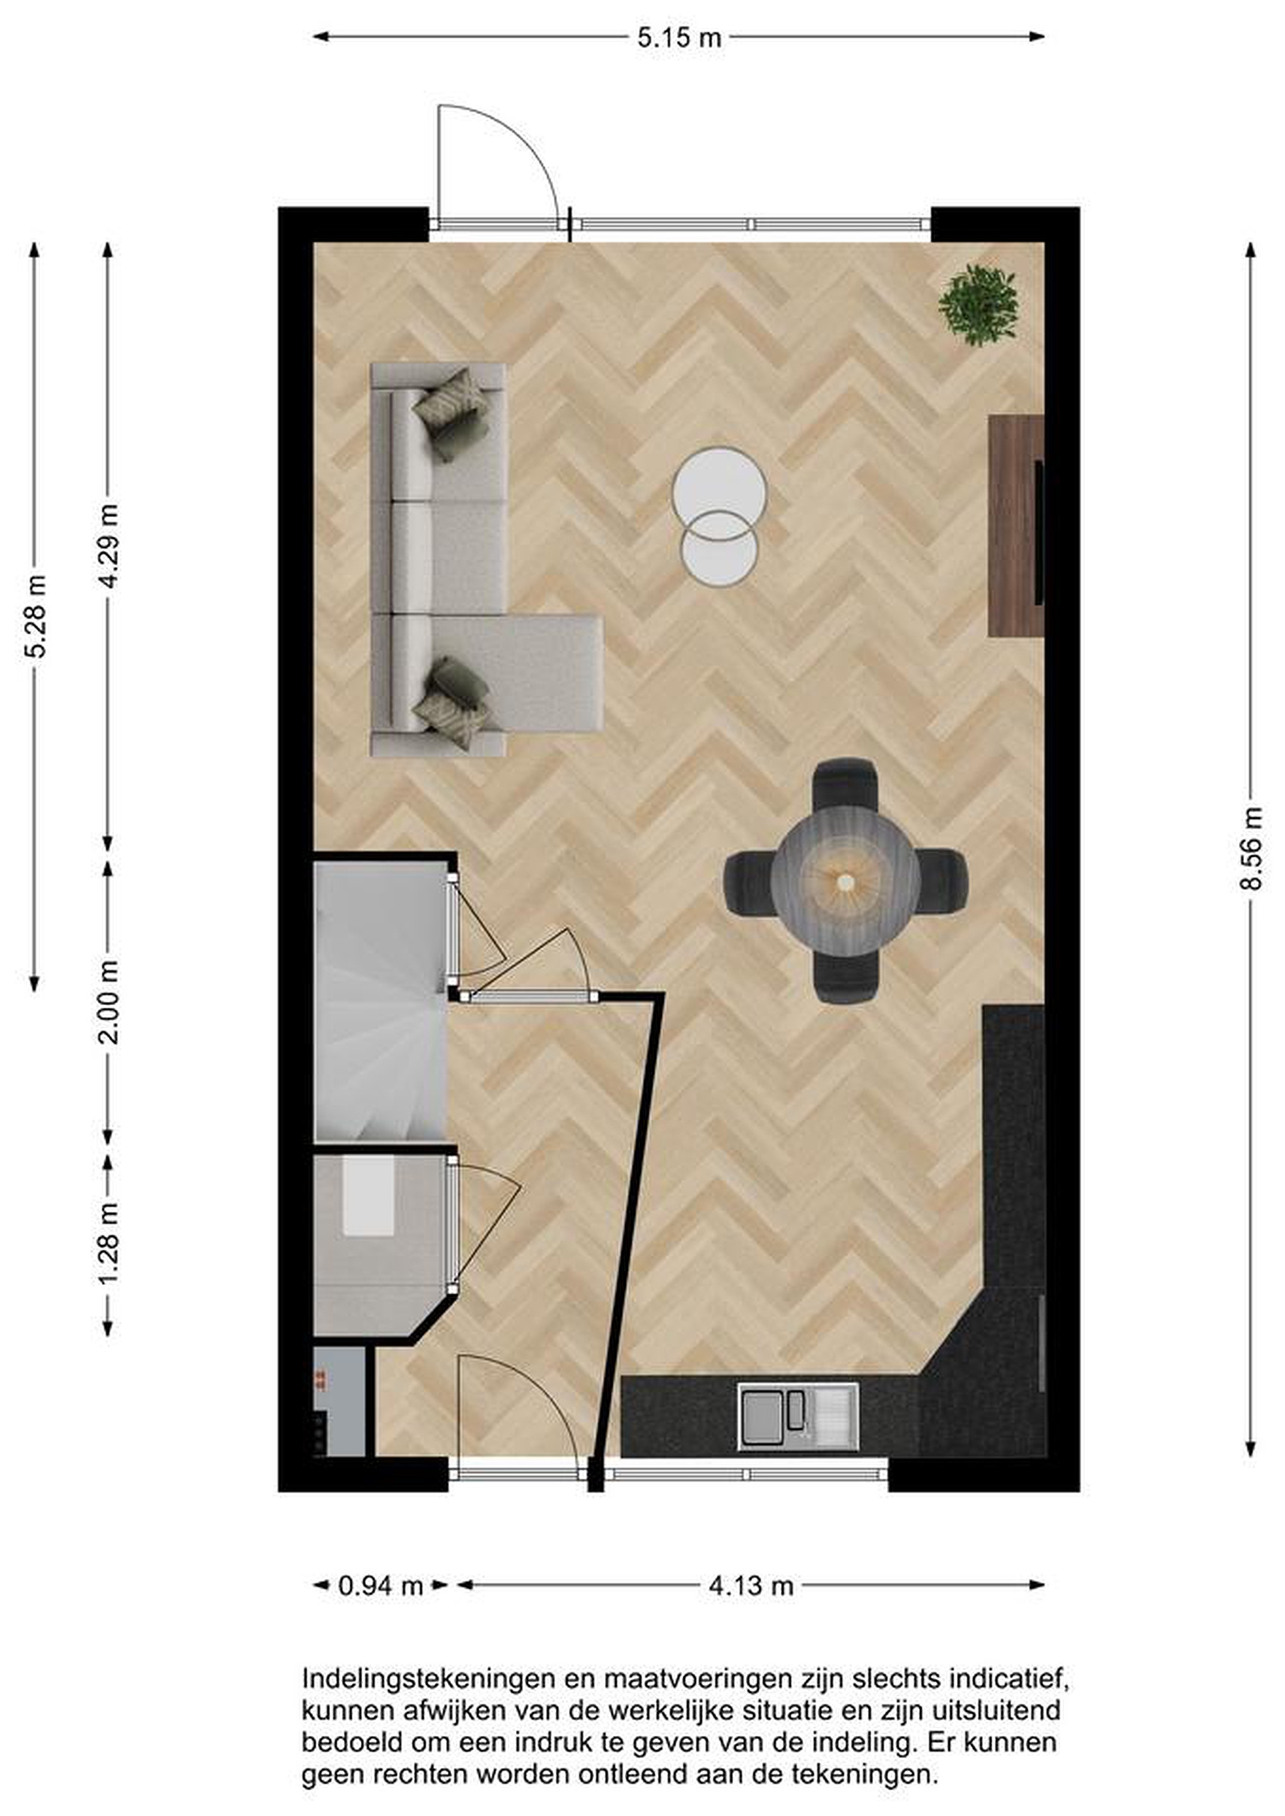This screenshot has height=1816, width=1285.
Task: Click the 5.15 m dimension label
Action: (679, 38)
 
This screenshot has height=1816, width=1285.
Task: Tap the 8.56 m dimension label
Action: (1250, 848)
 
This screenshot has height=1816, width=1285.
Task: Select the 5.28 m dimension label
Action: (35, 616)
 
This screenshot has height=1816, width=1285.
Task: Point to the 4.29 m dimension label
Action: (109, 546)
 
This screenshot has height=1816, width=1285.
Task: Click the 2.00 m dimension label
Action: (109, 1002)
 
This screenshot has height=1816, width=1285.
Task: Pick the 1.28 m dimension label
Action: (109, 1244)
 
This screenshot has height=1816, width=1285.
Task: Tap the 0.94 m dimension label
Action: (380, 1585)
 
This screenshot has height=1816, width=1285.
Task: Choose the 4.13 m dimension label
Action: (750, 1585)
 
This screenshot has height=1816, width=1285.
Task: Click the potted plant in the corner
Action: (978, 305)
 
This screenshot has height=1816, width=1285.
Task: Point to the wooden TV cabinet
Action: (1016, 525)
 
